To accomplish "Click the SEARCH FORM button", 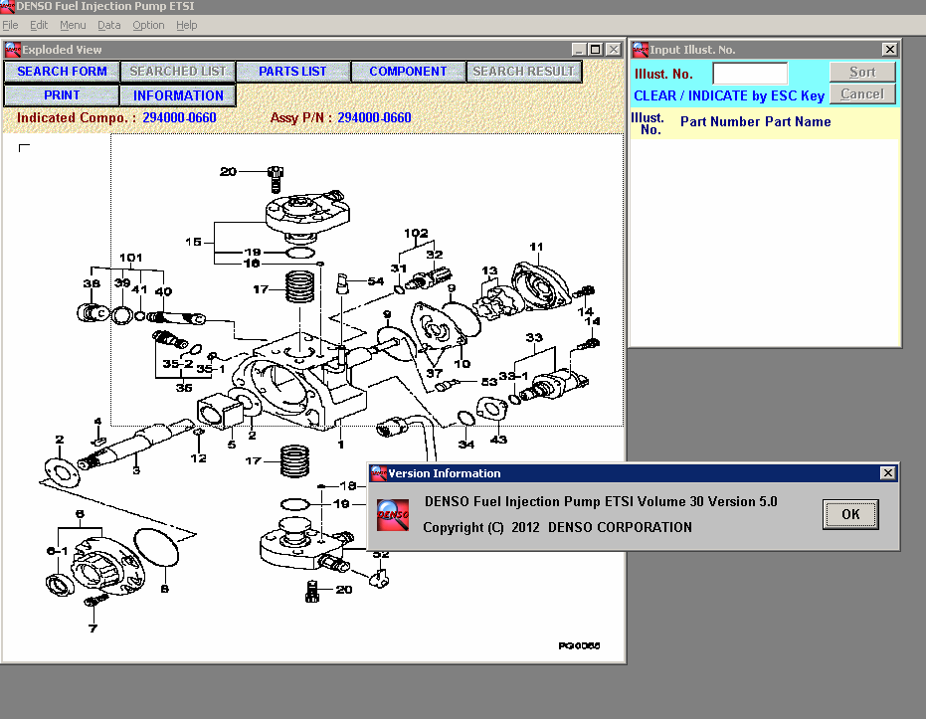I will pos(62,72).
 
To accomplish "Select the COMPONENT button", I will pos(408,72).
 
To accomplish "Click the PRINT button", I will pos(62,95).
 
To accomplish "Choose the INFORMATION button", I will pos(178,95).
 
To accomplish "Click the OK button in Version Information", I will pos(850,514).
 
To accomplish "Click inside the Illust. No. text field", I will pos(750,73).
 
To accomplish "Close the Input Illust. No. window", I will pos(889,50).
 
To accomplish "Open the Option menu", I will pos(148,25).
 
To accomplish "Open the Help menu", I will pos(186,25).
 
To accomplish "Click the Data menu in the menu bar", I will pos(109,25).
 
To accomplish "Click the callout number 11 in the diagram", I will pos(536,247).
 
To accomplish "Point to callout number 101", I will pos(131,257).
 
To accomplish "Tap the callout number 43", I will pos(498,440).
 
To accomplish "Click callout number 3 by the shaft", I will pos(136,468).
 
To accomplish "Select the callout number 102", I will pos(416,235).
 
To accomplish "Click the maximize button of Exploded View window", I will pos(595,50).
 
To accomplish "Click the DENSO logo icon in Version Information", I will pos(393,514).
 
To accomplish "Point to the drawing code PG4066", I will pos(579,645).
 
